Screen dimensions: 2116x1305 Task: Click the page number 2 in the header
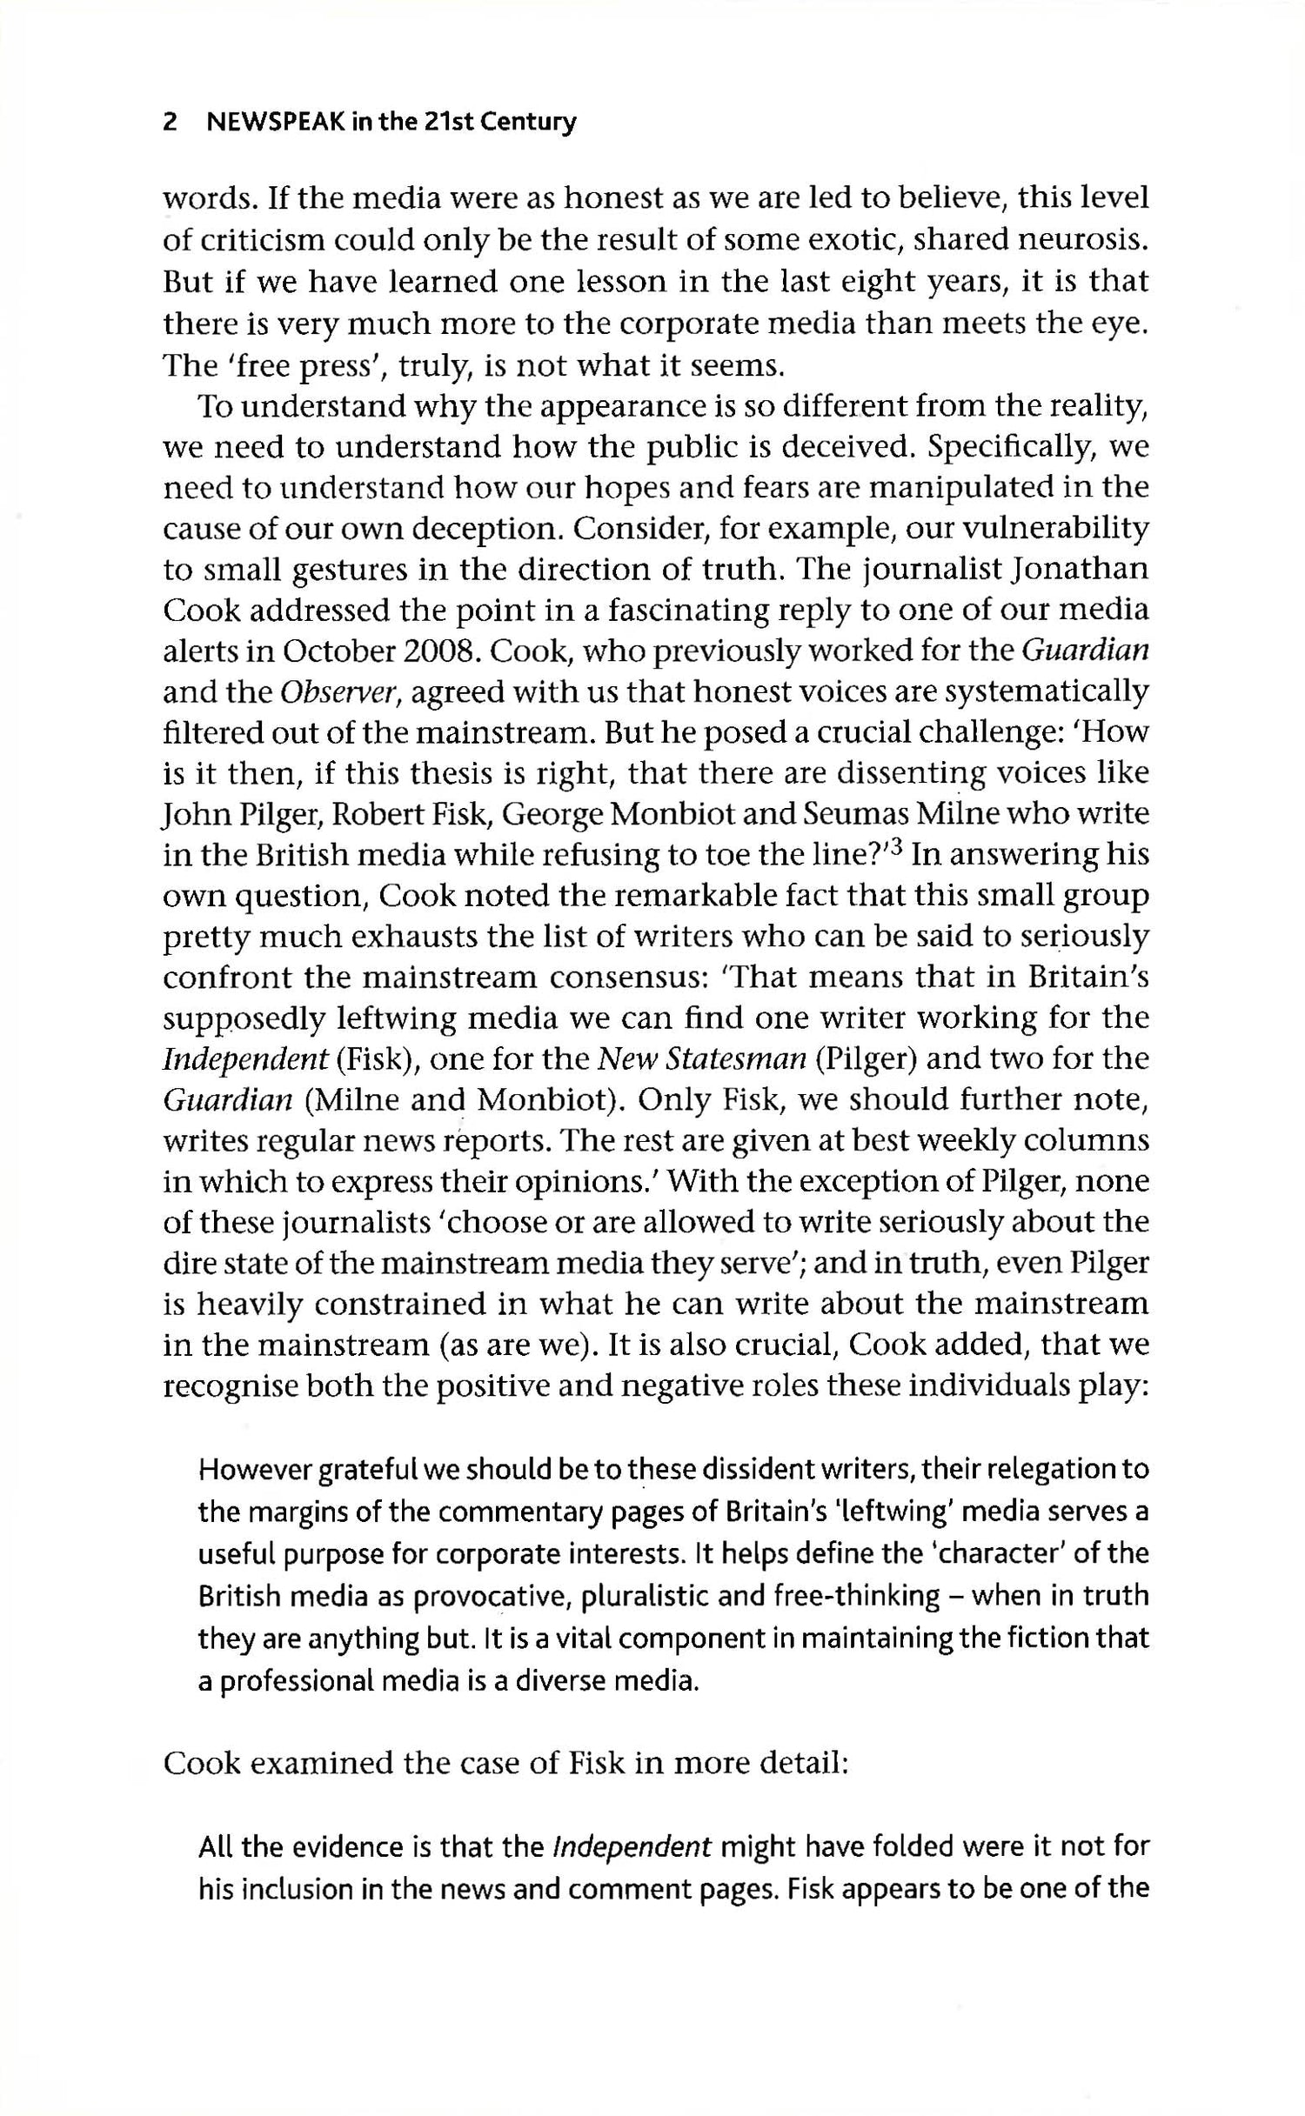(x=171, y=123)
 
